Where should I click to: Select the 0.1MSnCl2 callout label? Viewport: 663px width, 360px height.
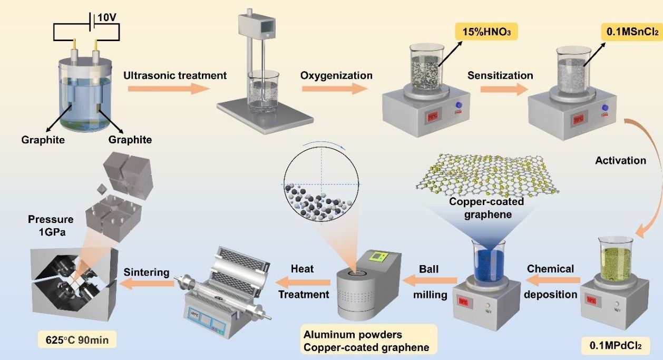pos(630,32)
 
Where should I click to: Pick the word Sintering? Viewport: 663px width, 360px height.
pos(147,273)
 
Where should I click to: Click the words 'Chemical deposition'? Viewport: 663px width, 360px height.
pos(550,281)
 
